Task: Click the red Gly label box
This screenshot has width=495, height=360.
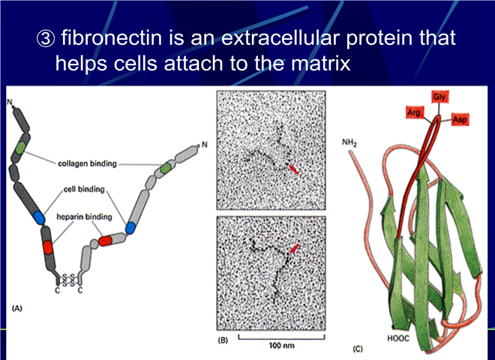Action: click(439, 97)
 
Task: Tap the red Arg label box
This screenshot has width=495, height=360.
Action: click(415, 112)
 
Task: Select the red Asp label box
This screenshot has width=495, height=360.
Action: click(460, 119)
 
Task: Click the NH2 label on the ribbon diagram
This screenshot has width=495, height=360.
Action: click(349, 143)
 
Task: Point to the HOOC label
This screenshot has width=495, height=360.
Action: click(397, 338)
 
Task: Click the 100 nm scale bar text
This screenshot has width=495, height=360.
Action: click(281, 346)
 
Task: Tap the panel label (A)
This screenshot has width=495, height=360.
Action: click(17, 308)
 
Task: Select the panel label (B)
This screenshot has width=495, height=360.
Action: click(223, 340)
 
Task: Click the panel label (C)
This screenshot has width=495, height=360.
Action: click(358, 349)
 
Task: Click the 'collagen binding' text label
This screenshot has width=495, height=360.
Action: click(87, 163)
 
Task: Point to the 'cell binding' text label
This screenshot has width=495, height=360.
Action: click(84, 189)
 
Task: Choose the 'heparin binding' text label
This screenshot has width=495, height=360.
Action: click(84, 217)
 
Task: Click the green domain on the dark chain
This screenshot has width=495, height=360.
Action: click(20, 148)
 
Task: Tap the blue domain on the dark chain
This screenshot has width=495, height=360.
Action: click(39, 217)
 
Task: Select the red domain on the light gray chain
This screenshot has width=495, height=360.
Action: click(106, 241)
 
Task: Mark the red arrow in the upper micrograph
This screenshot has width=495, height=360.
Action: click(293, 169)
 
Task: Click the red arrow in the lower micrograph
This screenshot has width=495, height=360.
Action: click(294, 248)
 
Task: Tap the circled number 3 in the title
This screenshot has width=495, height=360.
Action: click(46, 38)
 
